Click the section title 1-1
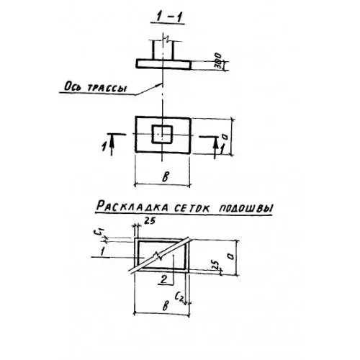[168, 17]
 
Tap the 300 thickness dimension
[218, 61]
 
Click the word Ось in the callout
[71, 86]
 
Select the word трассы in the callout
[106, 88]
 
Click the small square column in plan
[162, 134]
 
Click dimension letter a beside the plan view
[225, 137]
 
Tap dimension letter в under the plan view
[166, 177]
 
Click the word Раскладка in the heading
[132, 207]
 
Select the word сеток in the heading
[192, 208]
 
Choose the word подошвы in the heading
[246, 208]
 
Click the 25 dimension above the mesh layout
[150, 221]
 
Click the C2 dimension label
[179, 297]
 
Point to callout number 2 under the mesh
[164, 279]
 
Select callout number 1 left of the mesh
[102, 252]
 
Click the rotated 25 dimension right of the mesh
[216, 264]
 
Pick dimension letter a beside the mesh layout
[230, 256]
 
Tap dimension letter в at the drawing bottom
[166, 305]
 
